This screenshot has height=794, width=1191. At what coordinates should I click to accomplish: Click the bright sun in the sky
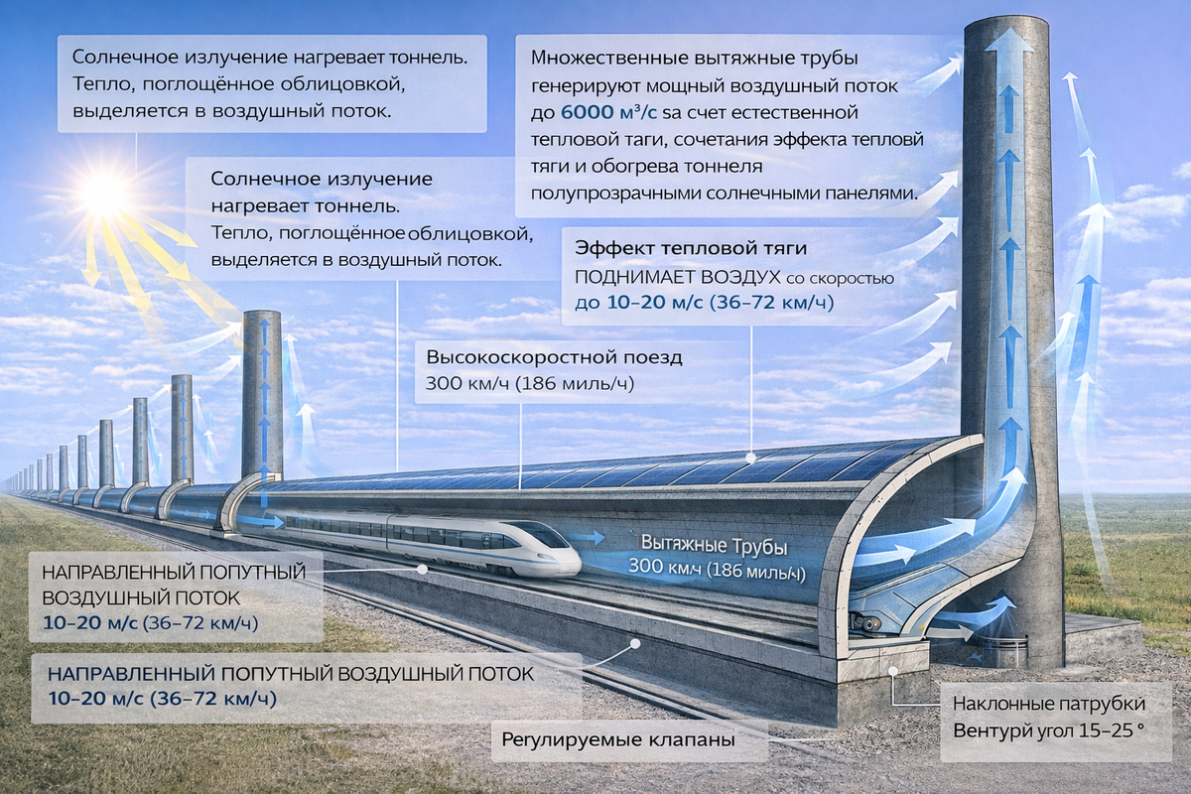pos(104,194)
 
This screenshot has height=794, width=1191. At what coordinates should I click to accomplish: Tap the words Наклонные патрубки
pos(1049,704)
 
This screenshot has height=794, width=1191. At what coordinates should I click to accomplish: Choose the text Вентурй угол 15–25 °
pos(1049,732)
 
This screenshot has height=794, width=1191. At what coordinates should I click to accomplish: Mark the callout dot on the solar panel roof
pos(751,459)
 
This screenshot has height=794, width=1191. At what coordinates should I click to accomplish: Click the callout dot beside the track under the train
pos(423,570)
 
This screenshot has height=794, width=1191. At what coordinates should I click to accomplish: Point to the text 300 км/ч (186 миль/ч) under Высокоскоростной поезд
pos(530,383)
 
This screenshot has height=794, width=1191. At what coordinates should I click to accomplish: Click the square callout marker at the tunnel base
pos(895,672)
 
